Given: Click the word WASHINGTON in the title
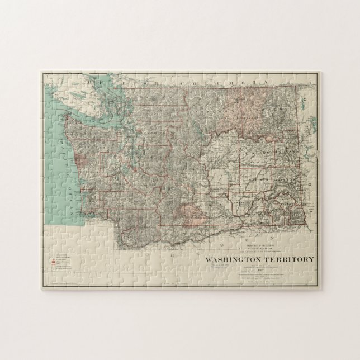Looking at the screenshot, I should click(x=235, y=259).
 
